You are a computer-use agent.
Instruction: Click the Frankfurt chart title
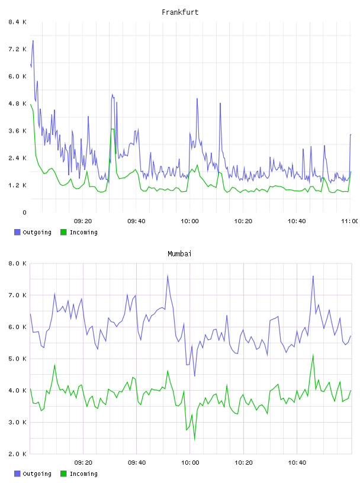tap(180, 12)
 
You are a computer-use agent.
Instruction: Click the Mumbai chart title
tap(179, 253)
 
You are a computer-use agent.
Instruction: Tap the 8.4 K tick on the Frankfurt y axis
tap(17, 22)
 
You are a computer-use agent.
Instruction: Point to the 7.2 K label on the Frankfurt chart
tap(17, 49)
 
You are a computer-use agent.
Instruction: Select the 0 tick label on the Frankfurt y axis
tap(24, 212)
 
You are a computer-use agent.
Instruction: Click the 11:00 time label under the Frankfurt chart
tap(350, 221)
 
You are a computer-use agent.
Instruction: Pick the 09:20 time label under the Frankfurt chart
tap(83, 221)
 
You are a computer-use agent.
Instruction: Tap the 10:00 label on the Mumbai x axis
tap(190, 462)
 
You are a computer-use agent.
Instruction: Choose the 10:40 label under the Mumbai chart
tap(297, 462)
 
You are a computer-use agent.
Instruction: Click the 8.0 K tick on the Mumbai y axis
tap(17, 263)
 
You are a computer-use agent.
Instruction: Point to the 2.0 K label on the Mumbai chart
tap(17, 454)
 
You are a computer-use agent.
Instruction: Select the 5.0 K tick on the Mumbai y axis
tap(17, 359)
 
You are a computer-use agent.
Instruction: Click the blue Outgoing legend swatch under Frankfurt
tap(17, 232)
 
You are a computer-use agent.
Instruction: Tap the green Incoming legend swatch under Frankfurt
tap(63, 232)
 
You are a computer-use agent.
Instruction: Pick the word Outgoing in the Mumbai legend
tap(37, 474)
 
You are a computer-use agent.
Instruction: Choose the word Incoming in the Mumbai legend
tap(83, 474)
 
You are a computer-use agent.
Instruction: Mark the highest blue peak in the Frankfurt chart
tap(33, 41)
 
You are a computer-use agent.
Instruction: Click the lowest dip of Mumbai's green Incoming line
tap(194, 440)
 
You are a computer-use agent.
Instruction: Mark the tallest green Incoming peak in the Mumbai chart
tap(313, 355)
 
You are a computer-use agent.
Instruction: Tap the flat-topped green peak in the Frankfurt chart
tap(112, 129)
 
